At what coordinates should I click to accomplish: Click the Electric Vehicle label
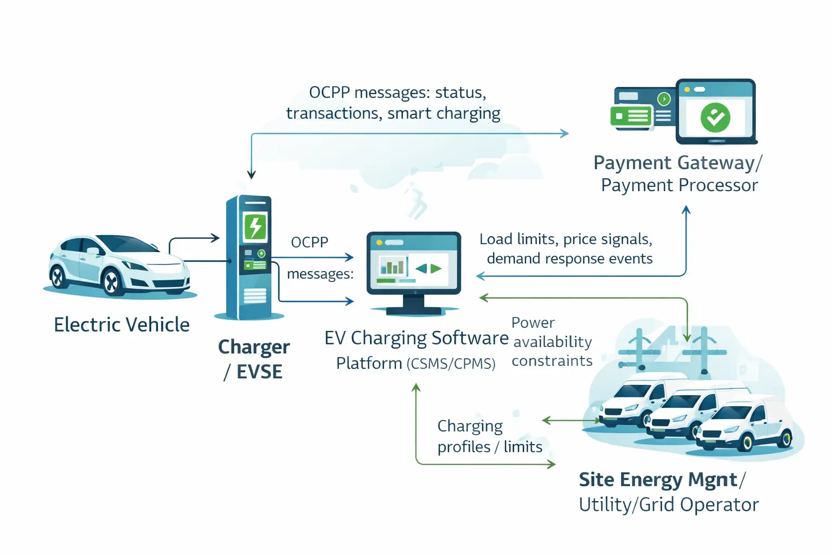[121, 325]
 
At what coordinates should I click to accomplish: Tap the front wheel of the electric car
[111, 282]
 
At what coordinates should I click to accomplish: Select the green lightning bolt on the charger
[255, 226]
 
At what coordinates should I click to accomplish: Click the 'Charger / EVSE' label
[254, 359]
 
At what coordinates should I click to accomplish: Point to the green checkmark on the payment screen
[715, 117]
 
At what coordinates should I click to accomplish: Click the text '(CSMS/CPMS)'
[451, 364]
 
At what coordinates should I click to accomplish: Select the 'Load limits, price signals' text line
[566, 239]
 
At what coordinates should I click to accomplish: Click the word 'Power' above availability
[533, 323]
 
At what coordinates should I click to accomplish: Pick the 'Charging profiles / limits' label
[489, 436]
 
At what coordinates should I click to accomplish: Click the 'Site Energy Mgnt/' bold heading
[662, 480]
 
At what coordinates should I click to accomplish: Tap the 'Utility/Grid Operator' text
[668, 505]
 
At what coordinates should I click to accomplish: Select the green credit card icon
[631, 116]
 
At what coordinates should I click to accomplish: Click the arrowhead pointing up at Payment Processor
[686, 210]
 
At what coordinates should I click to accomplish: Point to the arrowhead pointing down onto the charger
[251, 174]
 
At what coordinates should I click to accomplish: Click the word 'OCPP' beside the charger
[310, 242]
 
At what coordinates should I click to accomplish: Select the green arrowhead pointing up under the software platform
[416, 387]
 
